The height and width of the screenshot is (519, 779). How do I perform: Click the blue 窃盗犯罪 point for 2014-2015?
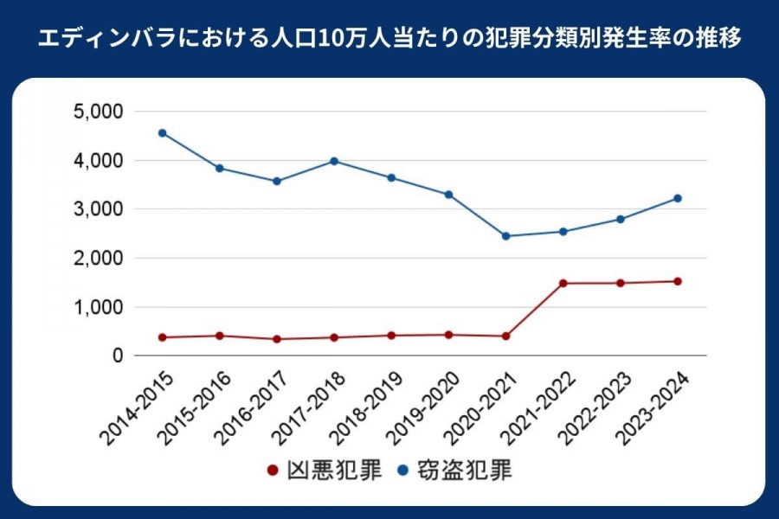click(x=162, y=133)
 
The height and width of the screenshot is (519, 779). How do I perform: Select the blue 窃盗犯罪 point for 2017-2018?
click(x=334, y=161)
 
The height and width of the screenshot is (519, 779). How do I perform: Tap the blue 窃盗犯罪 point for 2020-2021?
click(x=505, y=236)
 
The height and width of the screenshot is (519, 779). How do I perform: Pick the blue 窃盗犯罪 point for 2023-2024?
click(x=678, y=198)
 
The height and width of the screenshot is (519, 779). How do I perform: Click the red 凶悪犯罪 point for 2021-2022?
click(x=563, y=283)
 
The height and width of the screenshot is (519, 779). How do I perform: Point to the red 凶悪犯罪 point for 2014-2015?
click(x=162, y=337)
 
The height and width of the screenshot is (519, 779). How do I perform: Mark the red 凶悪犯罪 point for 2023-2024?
click(x=678, y=281)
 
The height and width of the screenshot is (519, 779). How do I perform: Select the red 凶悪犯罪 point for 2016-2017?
click(x=277, y=339)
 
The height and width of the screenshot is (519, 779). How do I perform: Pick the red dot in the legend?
click(x=273, y=471)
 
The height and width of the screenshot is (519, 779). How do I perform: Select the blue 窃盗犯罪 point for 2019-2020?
click(x=448, y=195)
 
